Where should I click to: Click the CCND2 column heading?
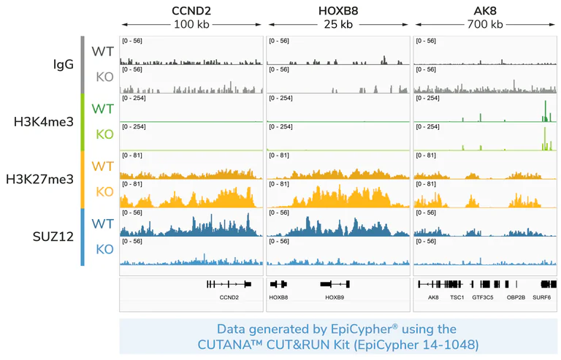[x=191, y=10]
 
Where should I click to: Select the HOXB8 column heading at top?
[x=338, y=10]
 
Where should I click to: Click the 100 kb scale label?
[x=191, y=24]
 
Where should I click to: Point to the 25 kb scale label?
[x=338, y=24]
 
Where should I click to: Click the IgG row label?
[x=64, y=64]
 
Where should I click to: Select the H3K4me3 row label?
[x=44, y=121]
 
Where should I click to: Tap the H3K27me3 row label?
[x=40, y=179]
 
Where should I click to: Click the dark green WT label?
[x=102, y=109]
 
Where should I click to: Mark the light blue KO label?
[x=104, y=249]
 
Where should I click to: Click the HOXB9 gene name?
[x=335, y=297]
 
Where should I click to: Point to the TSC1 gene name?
[x=457, y=297]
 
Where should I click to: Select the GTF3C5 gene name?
[x=482, y=297]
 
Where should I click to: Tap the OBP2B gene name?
[x=516, y=297]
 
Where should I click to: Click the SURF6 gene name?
[x=542, y=297]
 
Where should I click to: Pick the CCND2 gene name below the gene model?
[x=229, y=297]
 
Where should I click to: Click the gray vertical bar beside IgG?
[x=83, y=64]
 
